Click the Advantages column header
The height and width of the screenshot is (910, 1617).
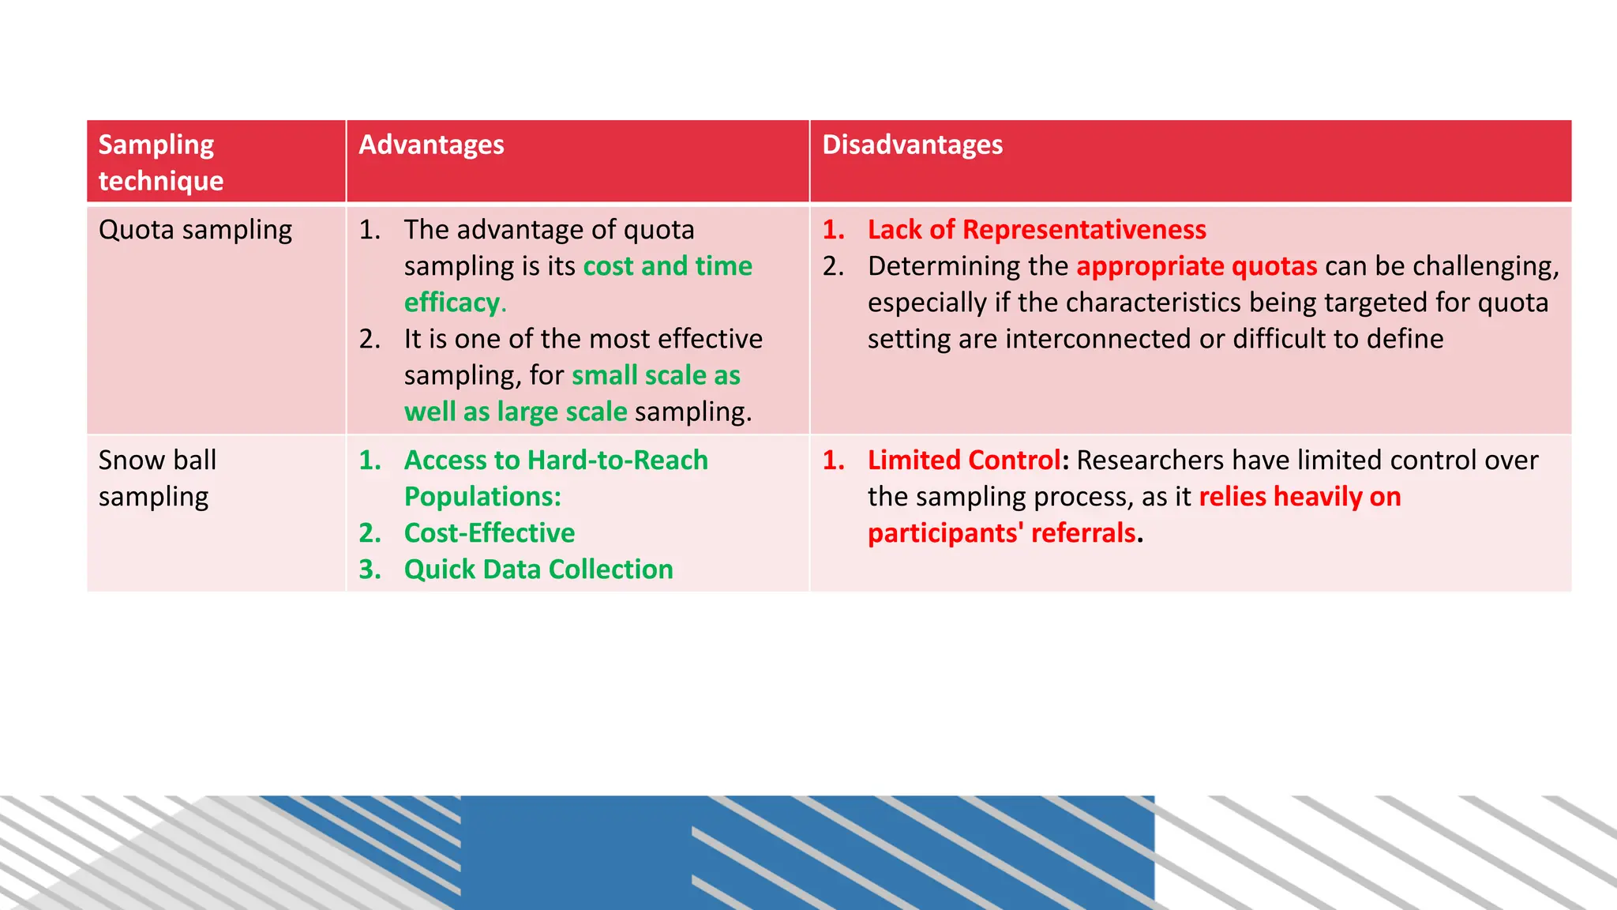(431, 145)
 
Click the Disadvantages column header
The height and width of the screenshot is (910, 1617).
(912, 145)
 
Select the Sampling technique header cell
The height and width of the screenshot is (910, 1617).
(161, 163)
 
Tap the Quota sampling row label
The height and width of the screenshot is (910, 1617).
(195, 230)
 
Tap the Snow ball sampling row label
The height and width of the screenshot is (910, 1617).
(157, 478)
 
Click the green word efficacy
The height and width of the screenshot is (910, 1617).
(452, 303)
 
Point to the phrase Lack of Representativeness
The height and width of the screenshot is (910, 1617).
(1036, 230)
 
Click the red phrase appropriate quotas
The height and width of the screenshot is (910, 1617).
(1196, 266)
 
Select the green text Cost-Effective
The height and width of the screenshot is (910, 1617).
(489, 533)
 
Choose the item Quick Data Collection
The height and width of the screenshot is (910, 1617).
(538, 570)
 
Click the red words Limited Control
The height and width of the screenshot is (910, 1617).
(964, 461)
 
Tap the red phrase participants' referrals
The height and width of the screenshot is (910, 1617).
(1001, 533)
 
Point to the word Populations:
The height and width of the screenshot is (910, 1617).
(482, 497)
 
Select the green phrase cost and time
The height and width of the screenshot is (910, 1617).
(667, 266)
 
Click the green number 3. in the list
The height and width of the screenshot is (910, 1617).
(370, 570)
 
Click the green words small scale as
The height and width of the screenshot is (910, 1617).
(655, 375)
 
